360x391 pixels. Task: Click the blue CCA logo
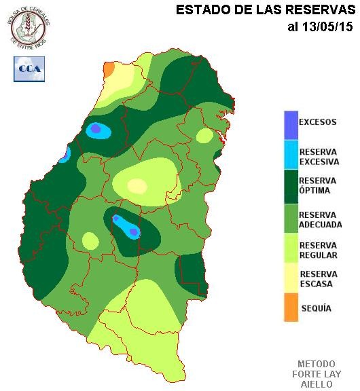click(x=29, y=69)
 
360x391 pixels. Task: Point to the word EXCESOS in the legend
click(x=318, y=122)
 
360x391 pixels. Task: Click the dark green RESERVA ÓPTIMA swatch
click(x=291, y=185)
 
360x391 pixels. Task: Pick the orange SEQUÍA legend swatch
click(x=291, y=308)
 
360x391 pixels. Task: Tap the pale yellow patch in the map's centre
click(x=137, y=185)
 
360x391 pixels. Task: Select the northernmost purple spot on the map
click(x=96, y=128)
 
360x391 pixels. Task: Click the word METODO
click(x=317, y=364)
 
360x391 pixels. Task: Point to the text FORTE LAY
click(x=317, y=374)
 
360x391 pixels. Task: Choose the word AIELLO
click(x=317, y=384)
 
